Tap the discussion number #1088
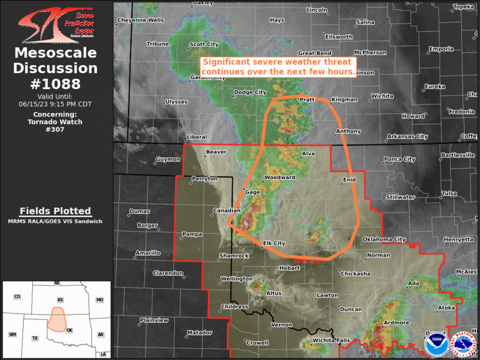56,84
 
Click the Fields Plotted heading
55,211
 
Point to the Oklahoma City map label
384,239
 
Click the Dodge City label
250,93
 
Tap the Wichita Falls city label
331,341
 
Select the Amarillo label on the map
148,253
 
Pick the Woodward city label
280,177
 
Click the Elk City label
274,243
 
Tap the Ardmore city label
396,323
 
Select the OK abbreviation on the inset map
70,329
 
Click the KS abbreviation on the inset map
60,300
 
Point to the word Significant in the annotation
229,62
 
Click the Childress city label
234,307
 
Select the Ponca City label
399,159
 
